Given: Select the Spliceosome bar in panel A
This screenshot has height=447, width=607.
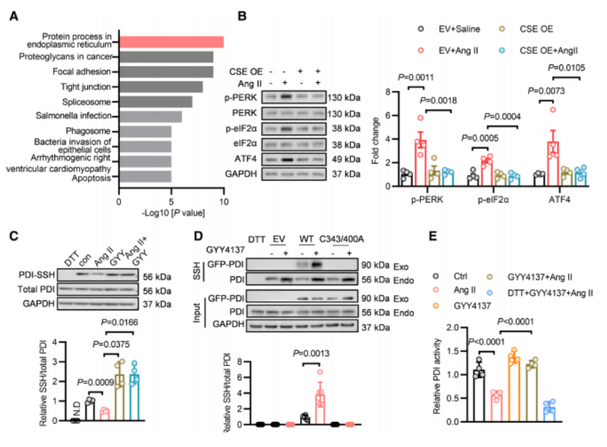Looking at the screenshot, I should pos(155,101).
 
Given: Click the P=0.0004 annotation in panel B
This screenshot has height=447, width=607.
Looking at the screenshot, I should pos(506,116).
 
